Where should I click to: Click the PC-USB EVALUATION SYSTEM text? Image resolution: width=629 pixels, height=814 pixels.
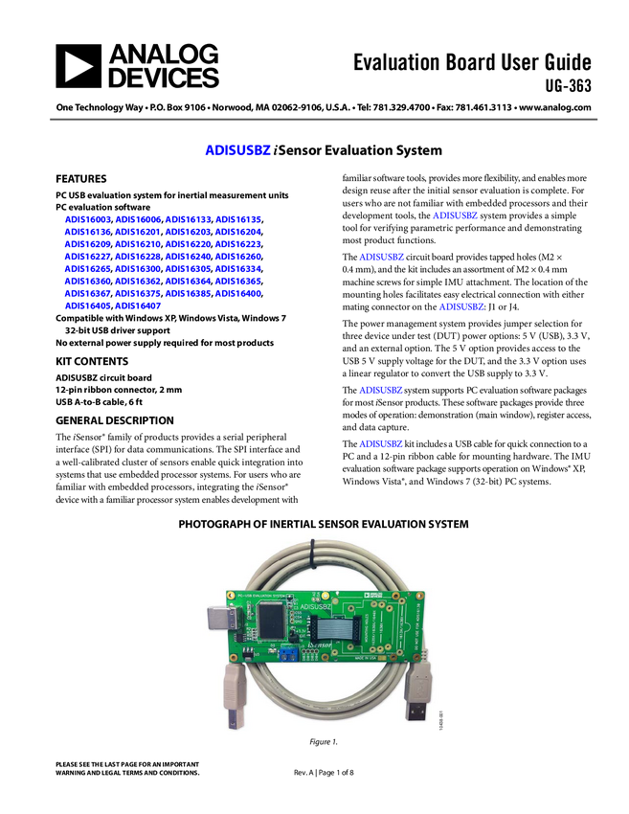[x=260, y=595]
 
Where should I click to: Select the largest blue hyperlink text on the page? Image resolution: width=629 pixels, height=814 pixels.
[x=238, y=150]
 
